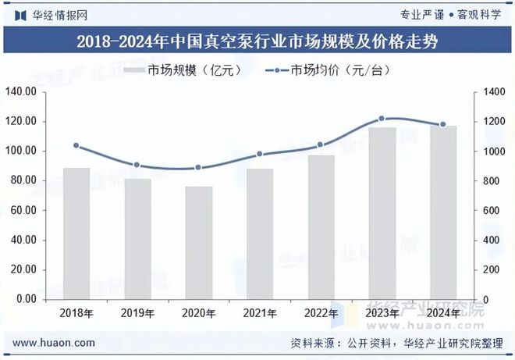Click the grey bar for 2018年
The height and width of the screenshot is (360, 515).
(x=76, y=233)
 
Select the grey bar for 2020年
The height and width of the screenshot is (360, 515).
(x=198, y=243)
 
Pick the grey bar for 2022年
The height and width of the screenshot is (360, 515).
(x=321, y=227)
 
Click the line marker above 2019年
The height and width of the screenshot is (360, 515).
(x=137, y=165)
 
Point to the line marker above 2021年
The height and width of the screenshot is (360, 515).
(x=260, y=155)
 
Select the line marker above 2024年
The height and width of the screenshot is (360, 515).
(x=443, y=124)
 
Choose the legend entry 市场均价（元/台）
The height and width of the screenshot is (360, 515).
(x=328, y=71)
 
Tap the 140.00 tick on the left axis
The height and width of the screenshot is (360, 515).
(x=22, y=92)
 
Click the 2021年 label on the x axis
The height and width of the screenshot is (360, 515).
(x=260, y=313)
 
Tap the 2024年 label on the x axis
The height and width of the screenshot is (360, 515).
(x=443, y=313)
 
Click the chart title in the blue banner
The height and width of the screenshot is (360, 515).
(x=257, y=42)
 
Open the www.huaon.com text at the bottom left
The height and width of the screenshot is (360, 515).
(x=55, y=343)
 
